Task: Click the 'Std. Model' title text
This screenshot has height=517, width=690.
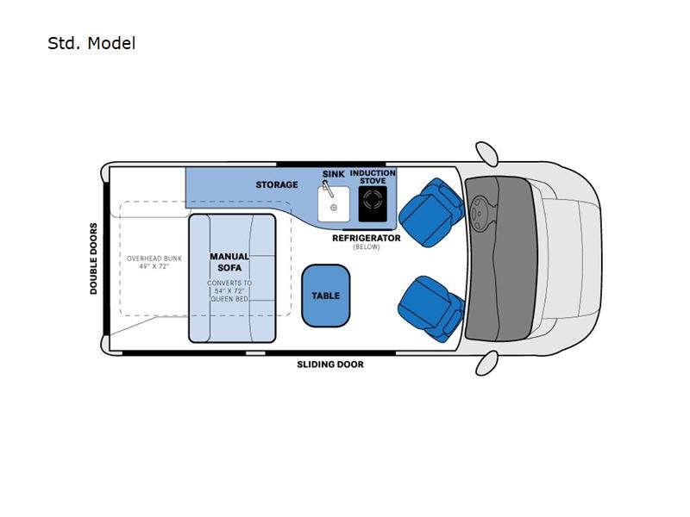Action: pyautogui.click(x=91, y=44)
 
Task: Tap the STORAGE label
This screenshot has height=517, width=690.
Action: pyautogui.click(x=277, y=184)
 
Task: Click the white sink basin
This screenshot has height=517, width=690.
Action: pyautogui.click(x=334, y=204)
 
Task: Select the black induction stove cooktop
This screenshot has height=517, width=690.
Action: pyautogui.click(x=373, y=204)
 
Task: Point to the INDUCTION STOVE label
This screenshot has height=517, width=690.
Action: pyautogui.click(x=373, y=177)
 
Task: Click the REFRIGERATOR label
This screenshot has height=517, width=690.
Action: pyautogui.click(x=366, y=239)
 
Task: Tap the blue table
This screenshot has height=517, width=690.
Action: pyautogui.click(x=326, y=296)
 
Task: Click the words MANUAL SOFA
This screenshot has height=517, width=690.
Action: pyautogui.click(x=229, y=262)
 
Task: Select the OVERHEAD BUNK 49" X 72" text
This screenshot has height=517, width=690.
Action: pyautogui.click(x=154, y=263)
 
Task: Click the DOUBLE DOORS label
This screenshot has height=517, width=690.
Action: pyautogui.click(x=93, y=258)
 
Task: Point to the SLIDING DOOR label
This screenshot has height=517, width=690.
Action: pyautogui.click(x=330, y=364)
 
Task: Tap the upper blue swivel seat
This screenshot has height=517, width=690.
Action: pyautogui.click(x=431, y=212)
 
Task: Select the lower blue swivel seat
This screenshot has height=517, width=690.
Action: pyautogui.click(x=430, y=308)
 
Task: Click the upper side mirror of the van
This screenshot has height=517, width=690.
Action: pyautogui.click(x=486, y=153)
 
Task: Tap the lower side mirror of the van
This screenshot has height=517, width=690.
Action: pyautogui.click(x=486, y=363)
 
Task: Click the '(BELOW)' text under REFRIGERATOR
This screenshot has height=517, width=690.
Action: pyautogui.click(x=366, y=247)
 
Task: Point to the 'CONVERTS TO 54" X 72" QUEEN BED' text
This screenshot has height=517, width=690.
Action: pyautogui.click(x=229, y=291)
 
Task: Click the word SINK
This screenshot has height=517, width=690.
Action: pyautogui.click(x=333, y=174)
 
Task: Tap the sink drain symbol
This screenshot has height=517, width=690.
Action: pyautogui.click(x=334, y=208)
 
